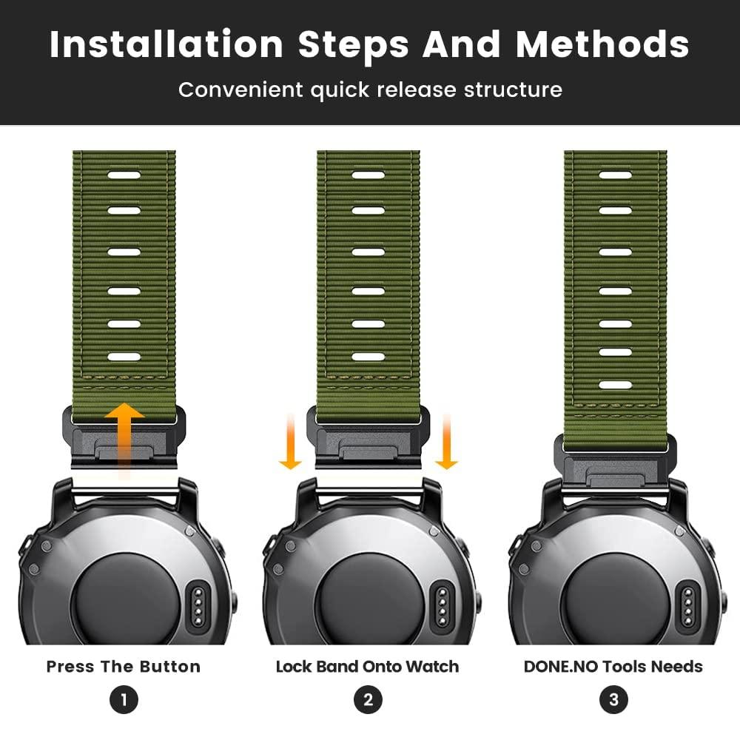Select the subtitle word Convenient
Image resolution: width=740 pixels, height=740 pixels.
(x=239, y=90)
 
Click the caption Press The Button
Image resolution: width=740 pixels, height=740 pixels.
(x=124, y=667)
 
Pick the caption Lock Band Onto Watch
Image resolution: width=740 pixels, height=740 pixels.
(x=367, y=667)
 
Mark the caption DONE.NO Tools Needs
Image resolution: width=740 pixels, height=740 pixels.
(x=613, y=667)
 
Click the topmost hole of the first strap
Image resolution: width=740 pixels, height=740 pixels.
(x=124, y=176)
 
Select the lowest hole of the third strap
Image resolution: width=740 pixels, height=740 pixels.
(x=615, y=385)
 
